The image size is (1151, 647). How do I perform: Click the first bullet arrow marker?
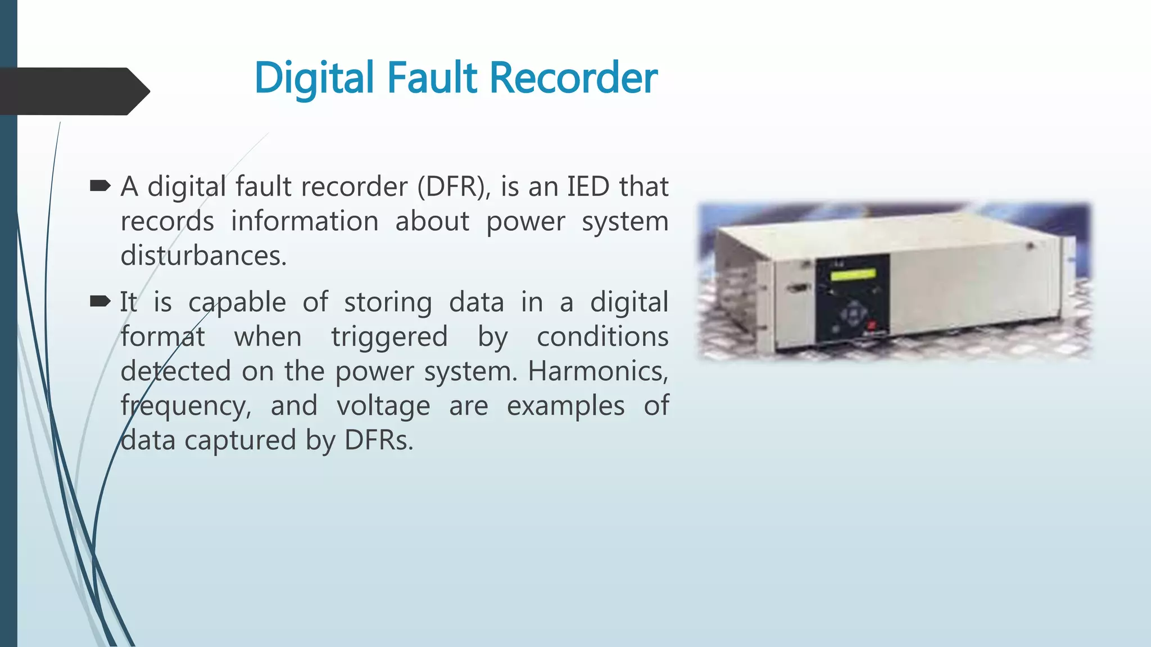100,186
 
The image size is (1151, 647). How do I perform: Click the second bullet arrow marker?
100,302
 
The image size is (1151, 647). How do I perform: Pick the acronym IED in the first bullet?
588,186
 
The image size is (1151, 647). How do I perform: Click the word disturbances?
203,256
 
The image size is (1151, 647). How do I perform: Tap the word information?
305,221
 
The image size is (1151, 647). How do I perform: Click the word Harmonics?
598,371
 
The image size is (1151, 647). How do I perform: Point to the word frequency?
186,406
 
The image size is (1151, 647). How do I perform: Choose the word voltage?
383,406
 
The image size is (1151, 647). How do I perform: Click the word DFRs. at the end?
379,440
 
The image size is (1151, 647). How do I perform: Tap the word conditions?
602,337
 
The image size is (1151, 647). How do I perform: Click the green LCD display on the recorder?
853,275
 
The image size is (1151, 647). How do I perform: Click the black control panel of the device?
853,298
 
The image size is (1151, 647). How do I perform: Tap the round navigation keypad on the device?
853,312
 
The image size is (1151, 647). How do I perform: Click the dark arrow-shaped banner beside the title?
73,91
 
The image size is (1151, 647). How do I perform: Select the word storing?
388,302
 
